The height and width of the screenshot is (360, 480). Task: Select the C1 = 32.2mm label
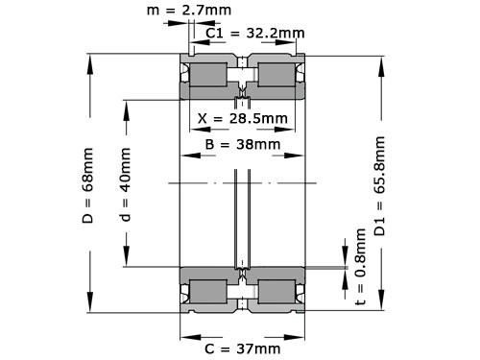255,34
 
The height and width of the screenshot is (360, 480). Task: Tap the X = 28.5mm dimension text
242,119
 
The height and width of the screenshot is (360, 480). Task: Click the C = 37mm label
243,347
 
